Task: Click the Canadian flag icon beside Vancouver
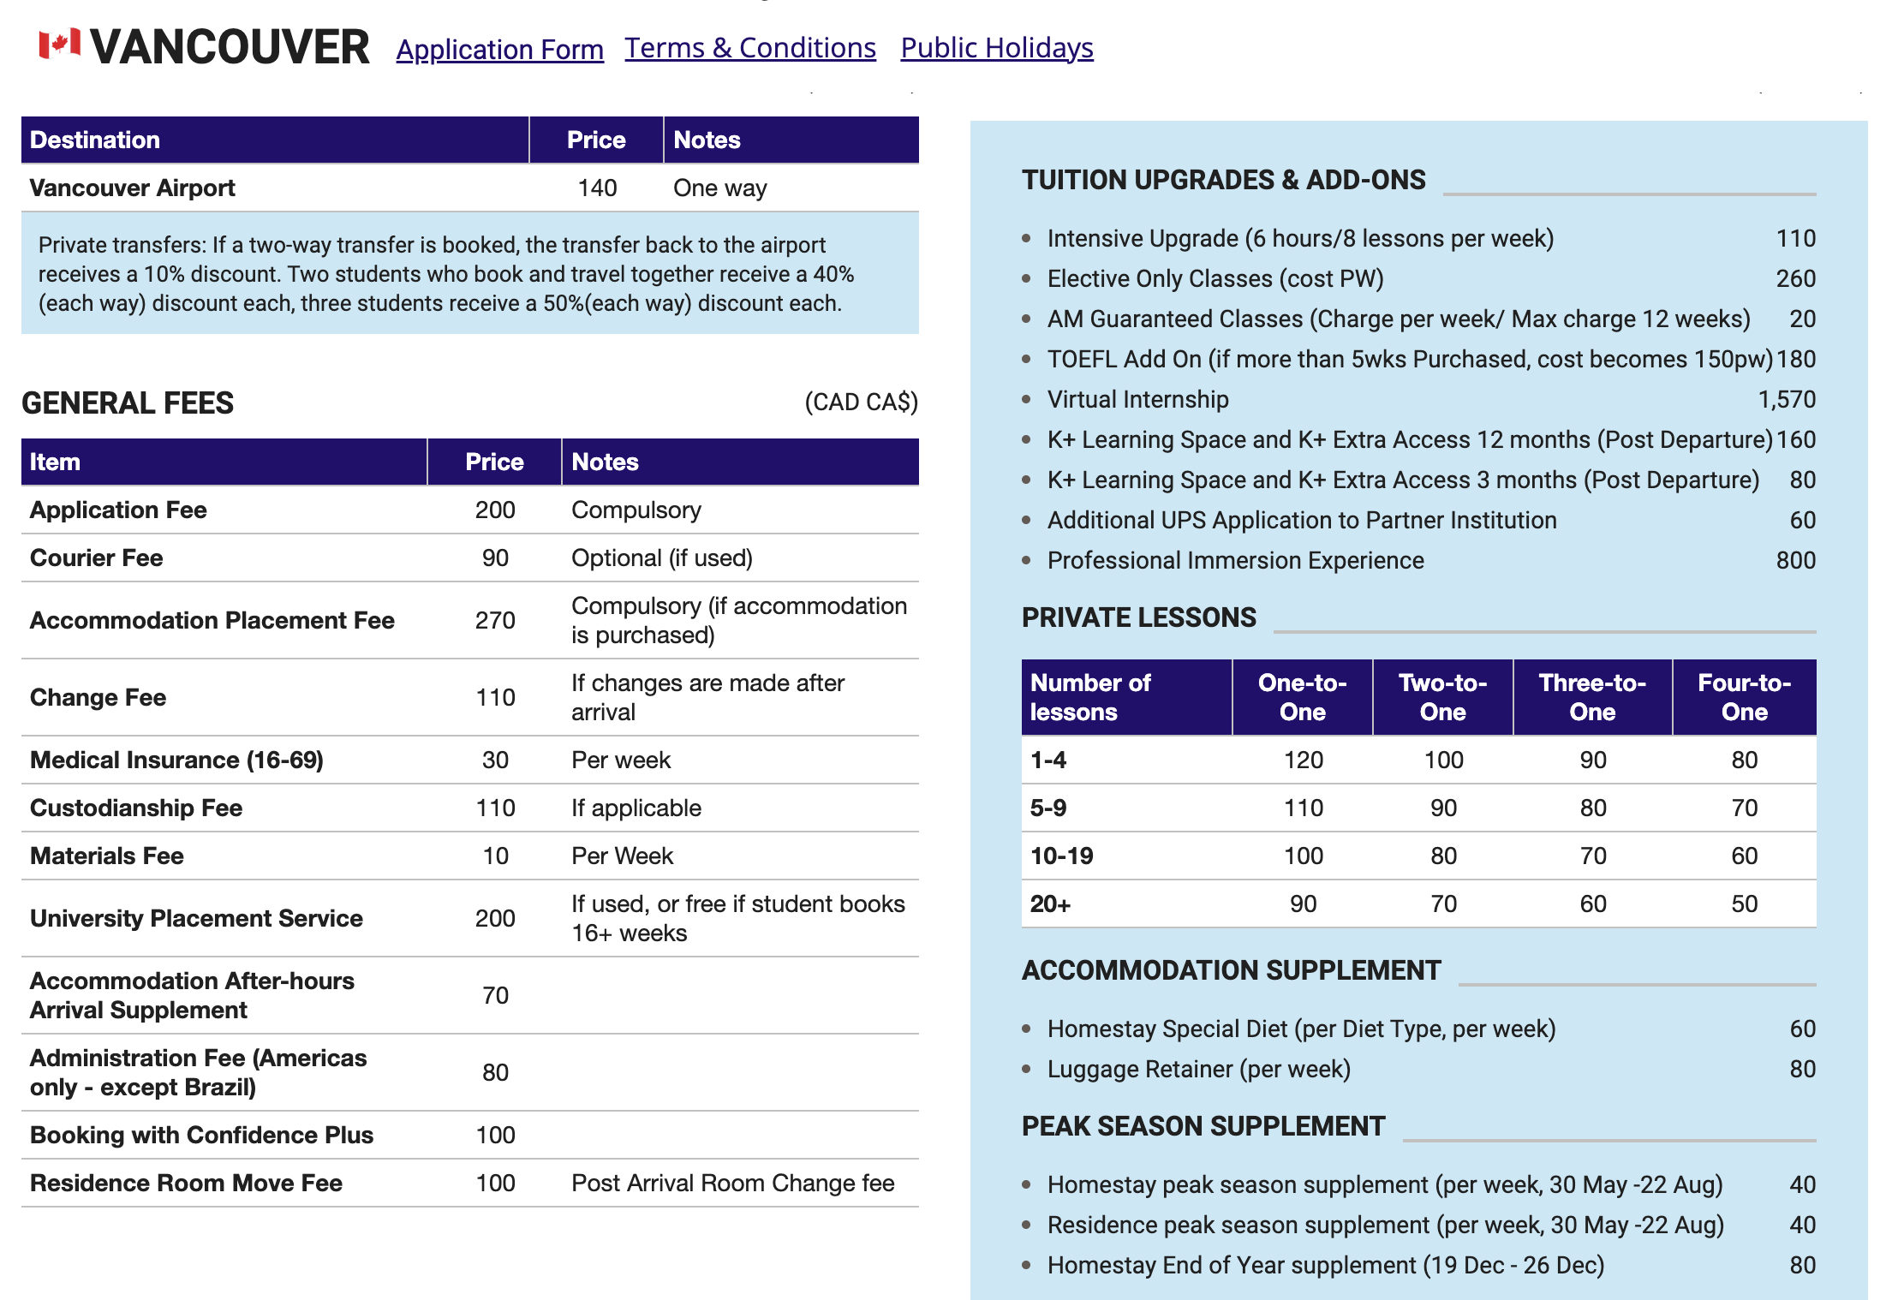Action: tap(59, 44)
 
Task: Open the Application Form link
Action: tap(499, 50)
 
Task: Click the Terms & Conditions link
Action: tap(749, 48)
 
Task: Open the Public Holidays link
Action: tap(996, 48)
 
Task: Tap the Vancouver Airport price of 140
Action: tap(596, 188)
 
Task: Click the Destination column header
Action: tap(95, 140)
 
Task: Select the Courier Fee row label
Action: tap(97, 558)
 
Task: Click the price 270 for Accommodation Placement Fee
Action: tap(495, 620)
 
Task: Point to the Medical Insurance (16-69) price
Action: tap(495, 760)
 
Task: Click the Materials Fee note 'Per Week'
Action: tap(622, 856)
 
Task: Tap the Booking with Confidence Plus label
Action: tap(201, 1135)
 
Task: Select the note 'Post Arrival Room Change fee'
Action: tap(732, 1183)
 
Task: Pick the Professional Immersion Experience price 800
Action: tap(1795, 560)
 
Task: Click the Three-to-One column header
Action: tap(1591, 697)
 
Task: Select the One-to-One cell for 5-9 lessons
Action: tap(1303, 808)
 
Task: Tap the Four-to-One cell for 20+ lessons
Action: tap(1744, 903)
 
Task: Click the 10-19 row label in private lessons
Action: tap(1062, 856)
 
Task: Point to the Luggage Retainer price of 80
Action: tap(1802, 1069)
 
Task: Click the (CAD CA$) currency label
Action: tap(861, 402)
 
